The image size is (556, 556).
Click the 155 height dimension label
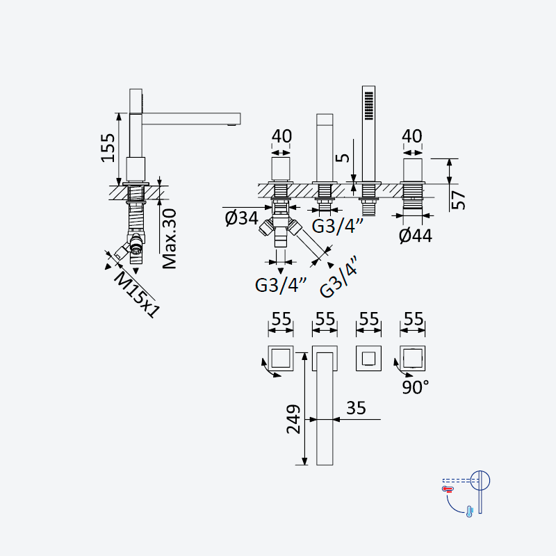click(x=108, y=148)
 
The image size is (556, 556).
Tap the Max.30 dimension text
click(x=169, y=238)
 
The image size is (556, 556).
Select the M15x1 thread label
click(x=136, y=295)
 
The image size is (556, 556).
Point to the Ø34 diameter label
click(x=241, y=218)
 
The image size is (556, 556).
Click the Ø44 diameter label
click(x=416, y=236)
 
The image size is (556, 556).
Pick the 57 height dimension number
click(x=460, y=200)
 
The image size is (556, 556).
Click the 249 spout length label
click(x=293, y=419)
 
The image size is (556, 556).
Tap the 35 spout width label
click(x=356, y=408)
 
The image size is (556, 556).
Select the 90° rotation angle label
click(x=415, y=387)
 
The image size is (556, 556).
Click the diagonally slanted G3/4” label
click(x=338, y=277)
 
